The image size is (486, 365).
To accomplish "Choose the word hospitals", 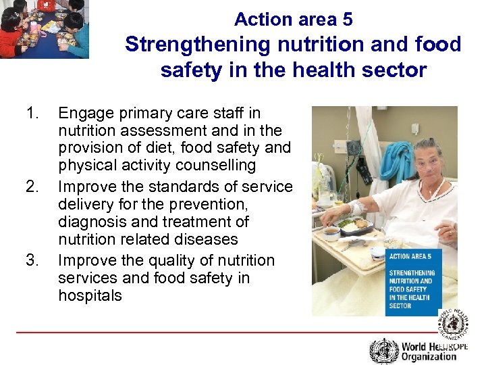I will (90, 295).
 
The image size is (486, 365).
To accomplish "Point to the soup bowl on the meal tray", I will (331, 233).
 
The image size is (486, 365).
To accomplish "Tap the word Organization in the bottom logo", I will (429, 356).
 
